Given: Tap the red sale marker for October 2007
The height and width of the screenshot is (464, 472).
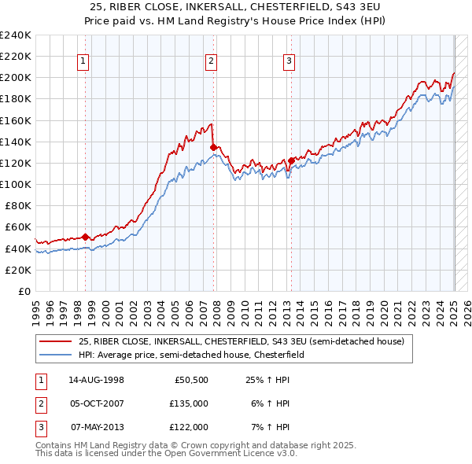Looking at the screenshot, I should click(213, 146).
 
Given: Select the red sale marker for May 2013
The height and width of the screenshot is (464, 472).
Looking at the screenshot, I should click(291, 160).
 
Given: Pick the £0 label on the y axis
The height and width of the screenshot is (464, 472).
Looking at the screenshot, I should click(24, 291).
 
